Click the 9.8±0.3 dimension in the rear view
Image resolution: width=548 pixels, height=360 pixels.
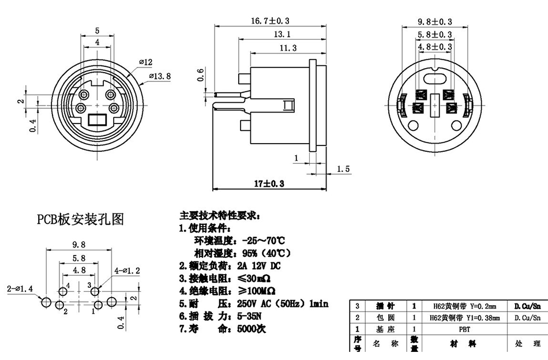pos(435,21)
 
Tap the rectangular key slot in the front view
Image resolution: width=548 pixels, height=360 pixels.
pos(97,121)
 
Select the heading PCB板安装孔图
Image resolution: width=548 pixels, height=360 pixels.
pos(81,219)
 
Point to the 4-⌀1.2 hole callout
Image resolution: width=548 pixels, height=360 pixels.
pos(128,270)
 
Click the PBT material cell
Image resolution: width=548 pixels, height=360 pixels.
pos(464,329)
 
